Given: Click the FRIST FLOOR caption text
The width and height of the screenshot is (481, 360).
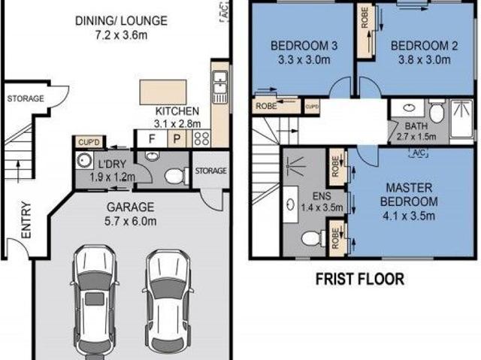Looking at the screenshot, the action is coord(360,279).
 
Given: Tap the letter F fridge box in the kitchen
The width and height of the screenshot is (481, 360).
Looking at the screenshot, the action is coord(152,138).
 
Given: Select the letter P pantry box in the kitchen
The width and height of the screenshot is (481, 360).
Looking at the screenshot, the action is coord(177,138).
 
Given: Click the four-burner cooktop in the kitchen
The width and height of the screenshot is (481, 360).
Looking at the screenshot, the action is coord(201,138).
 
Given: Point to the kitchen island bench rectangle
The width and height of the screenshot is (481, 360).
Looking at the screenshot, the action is coord(163,92).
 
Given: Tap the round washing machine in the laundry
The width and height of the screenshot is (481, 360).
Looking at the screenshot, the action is coord(83,160).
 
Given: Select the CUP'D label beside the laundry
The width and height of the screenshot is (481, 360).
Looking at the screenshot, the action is coord(89,142).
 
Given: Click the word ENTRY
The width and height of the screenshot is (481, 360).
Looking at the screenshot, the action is coord(26,219).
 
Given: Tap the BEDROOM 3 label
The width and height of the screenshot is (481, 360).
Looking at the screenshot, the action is coord(304,46).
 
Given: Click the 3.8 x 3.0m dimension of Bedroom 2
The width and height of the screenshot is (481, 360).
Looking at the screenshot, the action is coord(424,59).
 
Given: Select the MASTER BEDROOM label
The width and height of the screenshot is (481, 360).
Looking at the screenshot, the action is coord(409,195).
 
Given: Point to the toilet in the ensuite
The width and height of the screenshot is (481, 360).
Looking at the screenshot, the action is coord(313,238).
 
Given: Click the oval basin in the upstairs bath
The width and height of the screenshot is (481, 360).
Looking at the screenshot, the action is coord(409,107).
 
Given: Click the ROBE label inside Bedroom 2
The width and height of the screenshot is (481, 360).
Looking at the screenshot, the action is coord(365,18).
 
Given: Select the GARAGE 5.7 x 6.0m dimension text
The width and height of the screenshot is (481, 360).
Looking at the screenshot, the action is coord(130,221).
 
